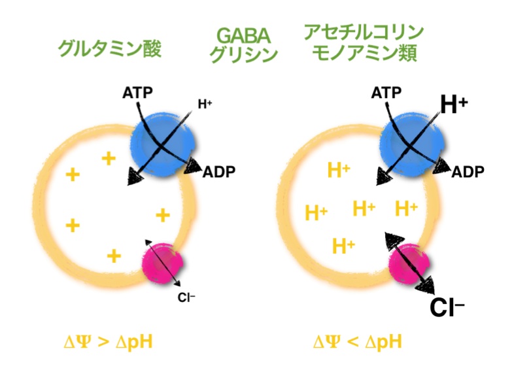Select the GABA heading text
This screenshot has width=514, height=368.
(x=243, y=33)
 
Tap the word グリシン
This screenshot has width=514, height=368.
(x=243, y=56)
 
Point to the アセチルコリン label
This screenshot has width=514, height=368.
(x=364, y=32)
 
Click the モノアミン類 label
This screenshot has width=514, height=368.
(x=364, y=54)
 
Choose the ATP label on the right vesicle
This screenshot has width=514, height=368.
(x=386, y=93)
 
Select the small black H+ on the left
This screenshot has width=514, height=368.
(x=206, y=103)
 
